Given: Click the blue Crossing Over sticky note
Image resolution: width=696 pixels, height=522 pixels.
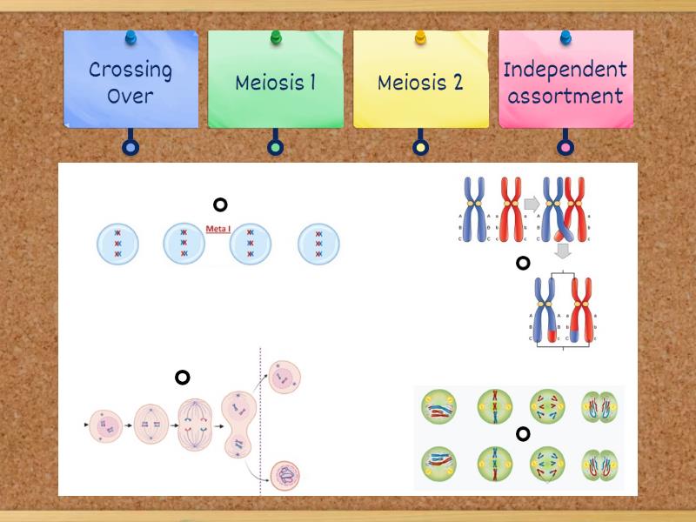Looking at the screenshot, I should pyautogui.click(x=130, y=83).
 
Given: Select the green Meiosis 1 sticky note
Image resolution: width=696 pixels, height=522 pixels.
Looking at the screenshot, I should pyautogui.click(x=275, y=83).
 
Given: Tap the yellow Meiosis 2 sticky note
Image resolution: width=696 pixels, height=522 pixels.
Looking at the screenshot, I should pyautogui.click(x=420, y=83).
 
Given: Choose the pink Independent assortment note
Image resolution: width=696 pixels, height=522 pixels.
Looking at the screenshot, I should pyautogui.click(x=565, y=83).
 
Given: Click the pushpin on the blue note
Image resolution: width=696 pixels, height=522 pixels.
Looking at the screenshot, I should pyautogui.click(x=130, y=37).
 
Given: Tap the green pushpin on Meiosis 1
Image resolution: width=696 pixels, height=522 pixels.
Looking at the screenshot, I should pyautogui.click(x=276, y=37).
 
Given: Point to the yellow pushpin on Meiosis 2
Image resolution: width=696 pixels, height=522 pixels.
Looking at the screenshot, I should pyautogui.click(x=420, y=37).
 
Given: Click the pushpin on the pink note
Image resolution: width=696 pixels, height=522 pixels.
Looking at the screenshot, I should pyautogui.click(x=565, y=37).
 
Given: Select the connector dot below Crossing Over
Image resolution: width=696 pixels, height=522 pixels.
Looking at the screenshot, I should pyautogui.click(x=130, y=148).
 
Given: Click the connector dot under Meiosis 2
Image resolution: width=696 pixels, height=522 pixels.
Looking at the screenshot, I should pyautogui.click(x=420, y=148).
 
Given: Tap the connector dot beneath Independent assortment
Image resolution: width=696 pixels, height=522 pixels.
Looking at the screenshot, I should pyautogui.click(x=565, y=148).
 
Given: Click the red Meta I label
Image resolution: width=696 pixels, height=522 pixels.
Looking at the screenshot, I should pyautogui.click(x=217, y=229).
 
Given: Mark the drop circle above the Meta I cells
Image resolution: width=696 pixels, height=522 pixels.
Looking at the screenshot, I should pyautogui.click(x=220, y=204).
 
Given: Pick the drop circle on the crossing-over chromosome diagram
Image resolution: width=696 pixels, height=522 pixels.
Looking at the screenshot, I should pyautogui.click(x=523, y=263).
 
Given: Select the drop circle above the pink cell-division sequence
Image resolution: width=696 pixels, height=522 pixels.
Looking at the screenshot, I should pyautogui.click(x=182, y=378).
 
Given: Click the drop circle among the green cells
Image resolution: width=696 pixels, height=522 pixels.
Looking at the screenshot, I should pyautogui.click(x=523, y=434).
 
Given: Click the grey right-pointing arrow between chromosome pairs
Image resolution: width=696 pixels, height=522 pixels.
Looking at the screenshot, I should pyautogui.click(x=531, y=204).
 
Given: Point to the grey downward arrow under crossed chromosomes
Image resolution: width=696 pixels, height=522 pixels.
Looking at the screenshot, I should pyautogui.click(x=563, y=251).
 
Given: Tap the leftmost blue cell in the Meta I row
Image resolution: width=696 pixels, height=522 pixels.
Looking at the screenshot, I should pyautogui.click(x=117, y=244).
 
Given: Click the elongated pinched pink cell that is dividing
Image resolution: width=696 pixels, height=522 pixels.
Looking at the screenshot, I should pyautogui.click(x=237, y=424).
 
